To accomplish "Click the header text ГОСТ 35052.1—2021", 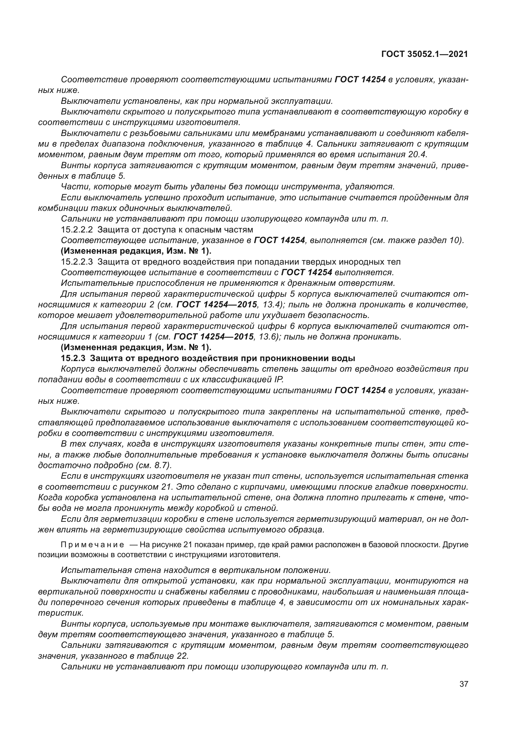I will (425, 54).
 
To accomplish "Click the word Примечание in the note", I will (92, 545).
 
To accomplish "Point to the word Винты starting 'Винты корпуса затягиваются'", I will (73, 165).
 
